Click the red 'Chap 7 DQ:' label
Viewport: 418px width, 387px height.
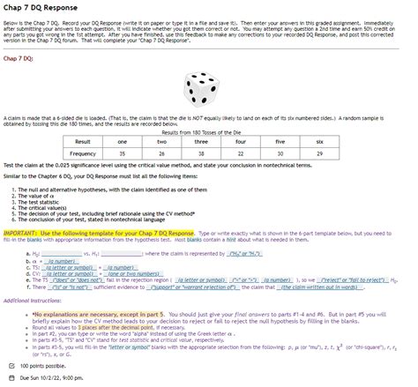21,59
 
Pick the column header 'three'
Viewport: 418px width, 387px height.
201,141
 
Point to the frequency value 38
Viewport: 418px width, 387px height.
201,153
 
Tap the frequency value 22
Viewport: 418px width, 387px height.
240,153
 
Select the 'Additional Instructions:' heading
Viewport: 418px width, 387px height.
32,300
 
